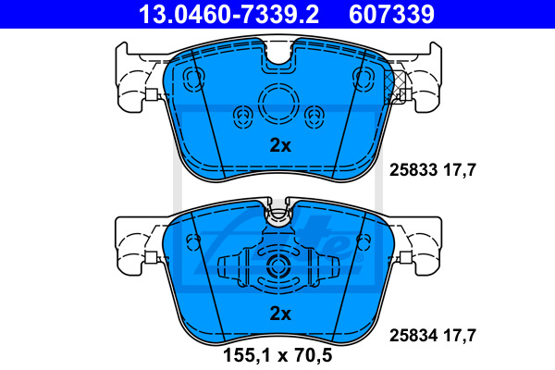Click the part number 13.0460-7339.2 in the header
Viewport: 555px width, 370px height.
228,14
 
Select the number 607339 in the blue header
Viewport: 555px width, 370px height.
391,14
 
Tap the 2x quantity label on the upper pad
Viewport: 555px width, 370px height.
280,145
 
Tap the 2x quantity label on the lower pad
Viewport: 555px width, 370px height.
280,314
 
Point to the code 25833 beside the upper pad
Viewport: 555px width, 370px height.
413,170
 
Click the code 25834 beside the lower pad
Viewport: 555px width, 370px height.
413,335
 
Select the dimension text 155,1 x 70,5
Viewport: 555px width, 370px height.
277,355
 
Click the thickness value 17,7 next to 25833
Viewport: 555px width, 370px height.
460,170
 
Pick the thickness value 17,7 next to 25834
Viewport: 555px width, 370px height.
460,335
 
